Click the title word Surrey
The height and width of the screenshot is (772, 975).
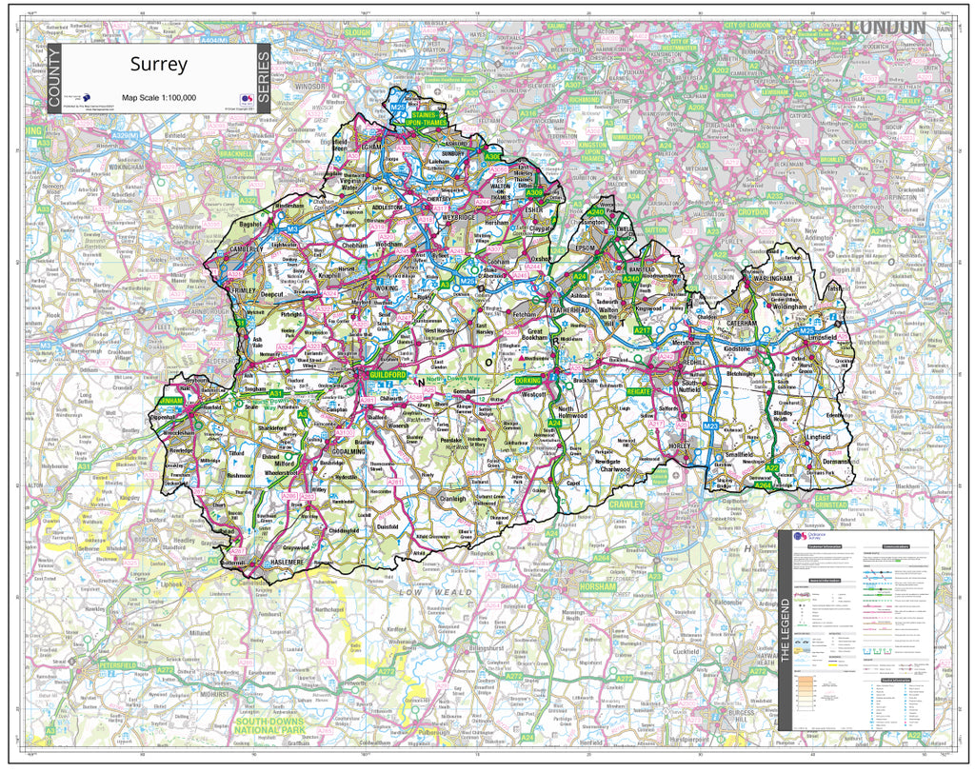[159, 66]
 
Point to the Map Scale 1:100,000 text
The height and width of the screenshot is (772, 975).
[159, 97]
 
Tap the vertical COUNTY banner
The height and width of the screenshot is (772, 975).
[53, 79]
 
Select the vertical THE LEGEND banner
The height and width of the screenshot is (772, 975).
[786, 629]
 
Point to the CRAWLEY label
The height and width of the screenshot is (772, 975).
[627, 504]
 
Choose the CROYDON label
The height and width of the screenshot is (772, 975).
[753, 212]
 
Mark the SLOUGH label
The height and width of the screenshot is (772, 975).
[357, 32]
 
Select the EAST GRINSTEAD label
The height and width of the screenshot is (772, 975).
[831, 502]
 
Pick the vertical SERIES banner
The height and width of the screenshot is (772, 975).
[264, 79]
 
